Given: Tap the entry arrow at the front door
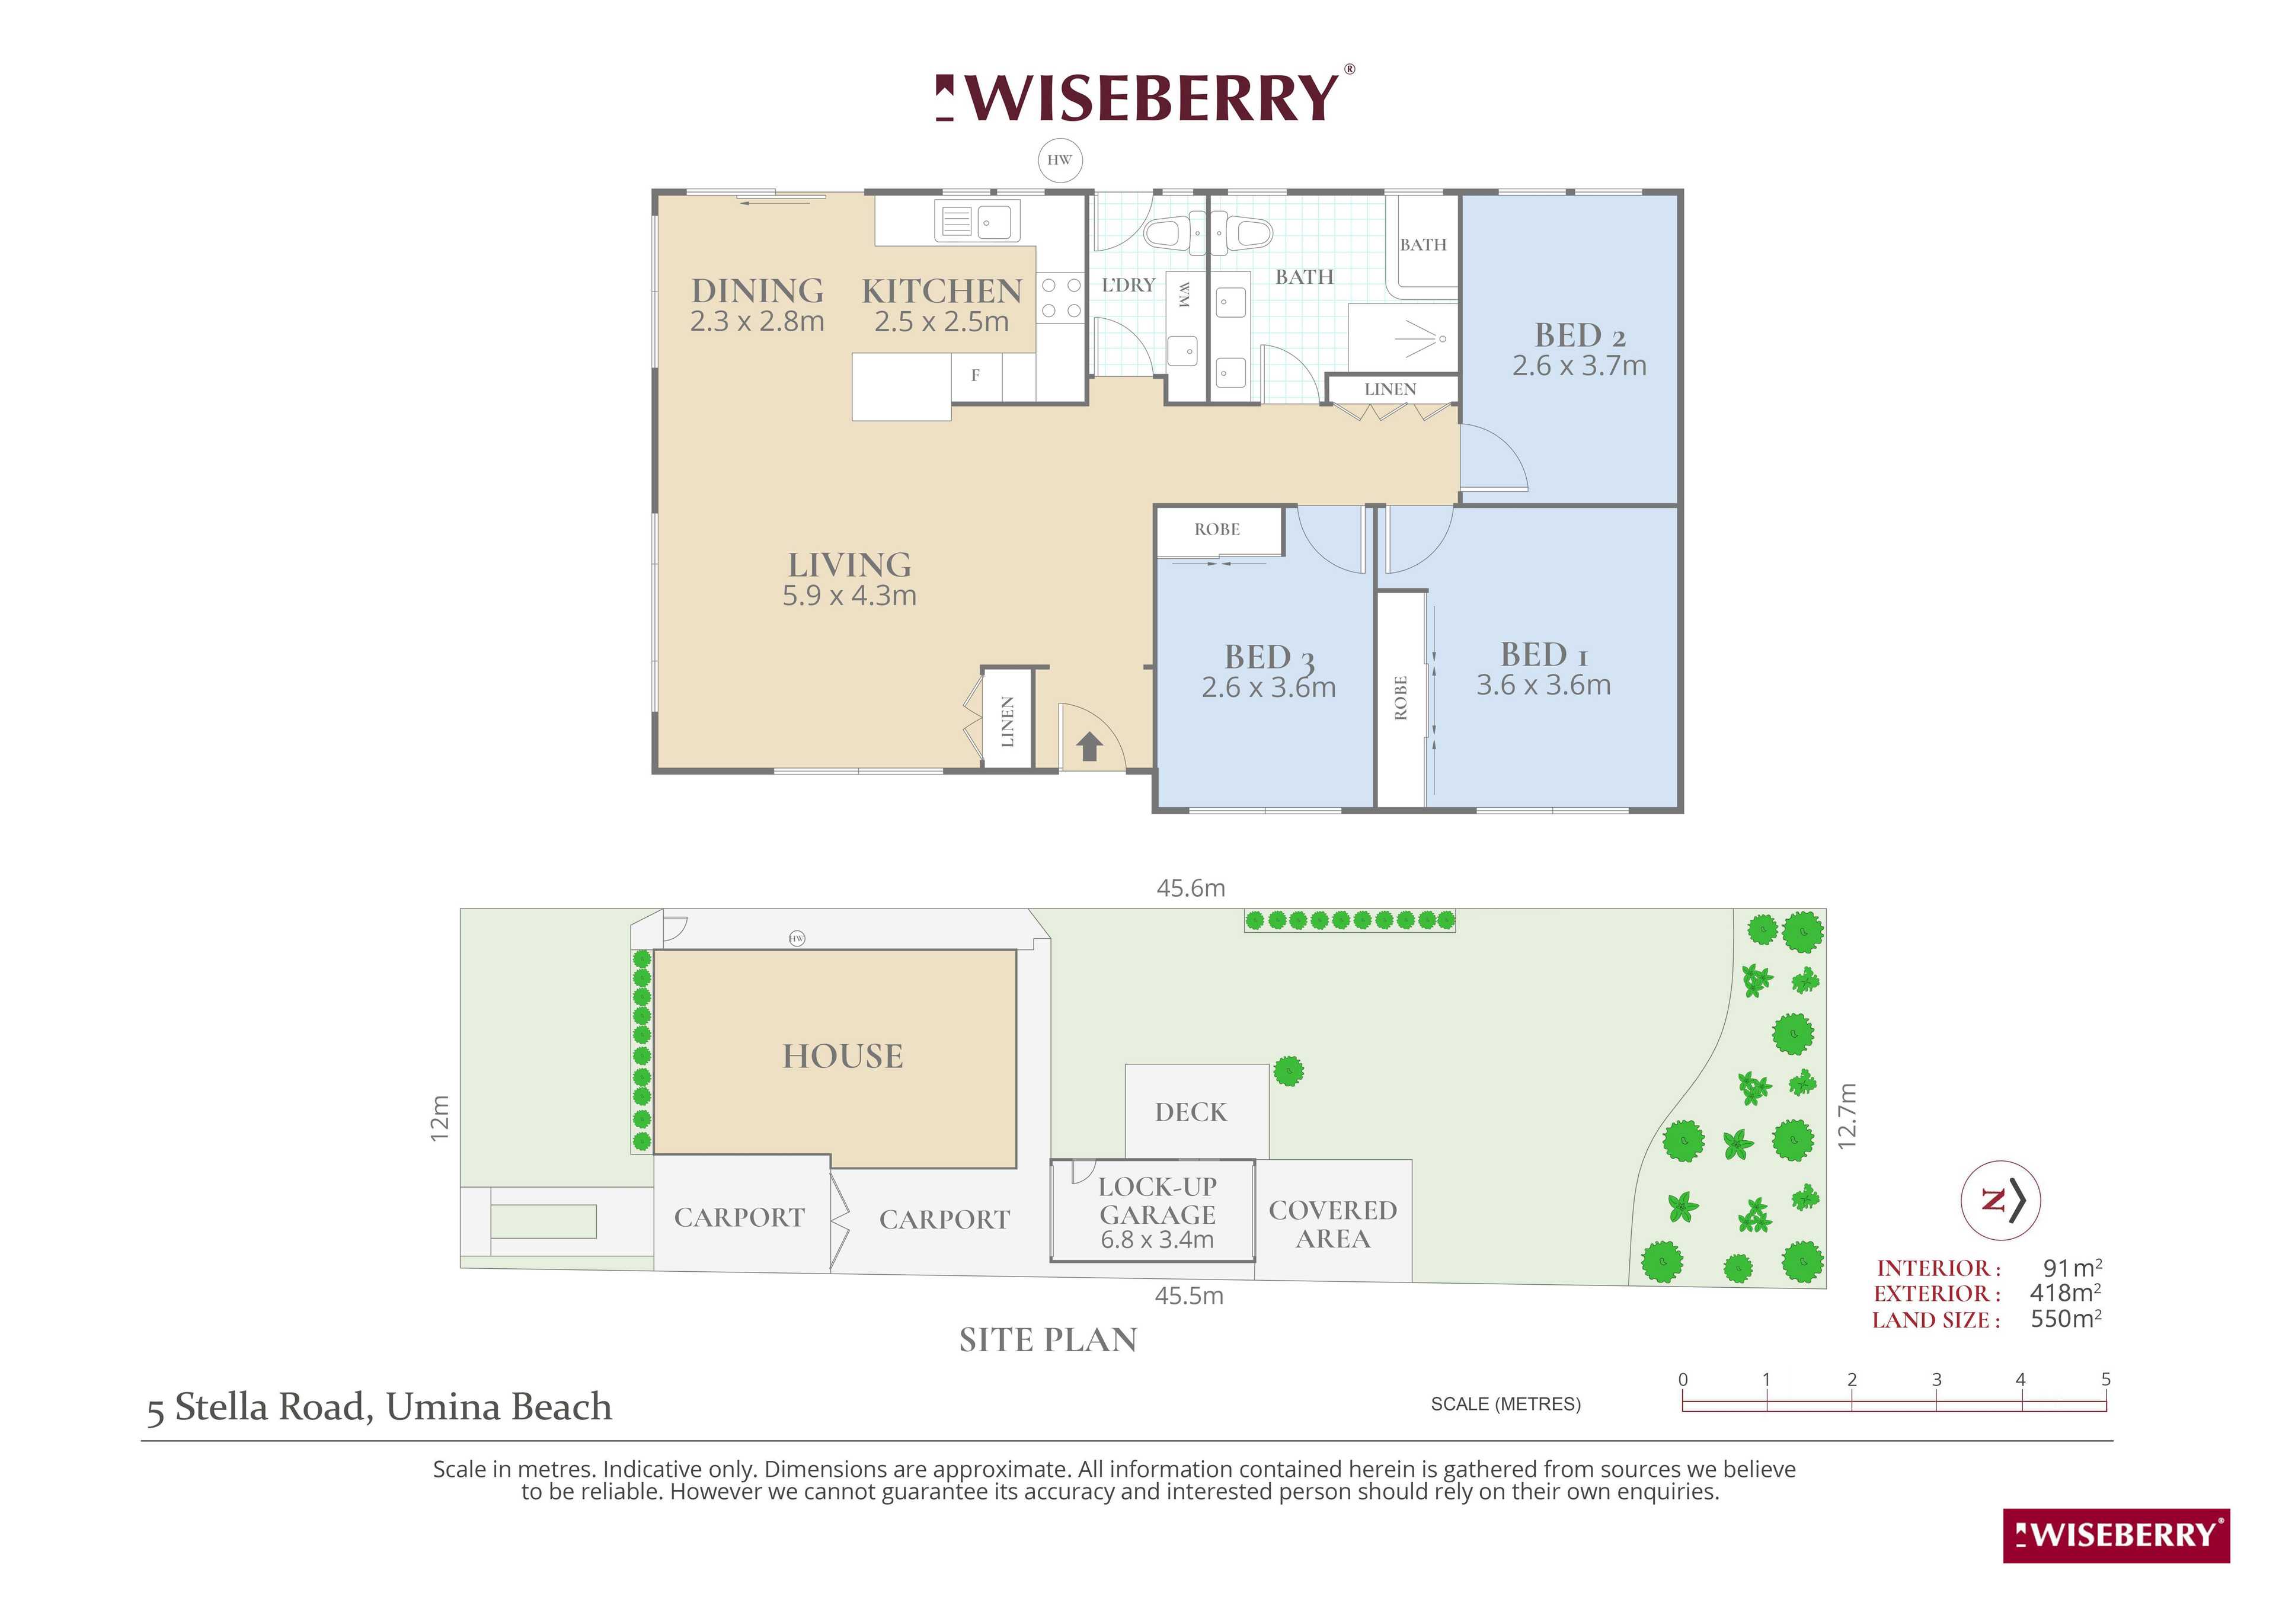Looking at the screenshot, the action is (x=1089, y=746).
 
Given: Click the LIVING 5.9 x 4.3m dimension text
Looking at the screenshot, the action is (x=849, y=595).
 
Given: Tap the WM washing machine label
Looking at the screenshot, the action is (x=1182, y=293).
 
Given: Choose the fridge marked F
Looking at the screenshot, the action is (x=976, y=376).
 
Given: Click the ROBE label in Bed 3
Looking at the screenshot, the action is (x=1217, y=529).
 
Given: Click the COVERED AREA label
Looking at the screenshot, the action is (x=1333, y=1224).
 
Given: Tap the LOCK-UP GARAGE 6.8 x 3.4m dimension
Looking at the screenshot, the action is (x=1158, y=1239).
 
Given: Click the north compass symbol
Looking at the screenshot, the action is (x=2000, y=1199).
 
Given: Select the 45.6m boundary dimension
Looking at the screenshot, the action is (x=1191, y=888).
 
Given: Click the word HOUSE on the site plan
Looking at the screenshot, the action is (x=843, y=1057).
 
